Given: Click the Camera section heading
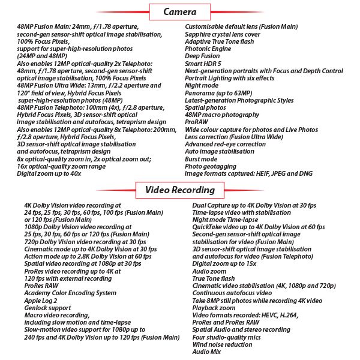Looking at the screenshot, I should pyautogui.click(x=179, y=11).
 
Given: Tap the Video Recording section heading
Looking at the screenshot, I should pyautogui.click(x=179, y=190).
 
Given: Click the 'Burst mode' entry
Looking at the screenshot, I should pyautogui.click(x=200, y=158).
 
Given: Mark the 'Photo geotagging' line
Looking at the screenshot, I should pyautogui.click(x=206, y=166).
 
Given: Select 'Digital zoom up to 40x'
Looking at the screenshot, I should pyautogui.click(x=49, y=173).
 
